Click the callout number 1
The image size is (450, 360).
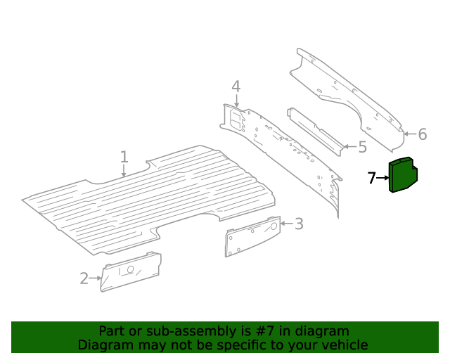[x=124, y=156]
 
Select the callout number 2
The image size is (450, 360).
[x=84, y=278]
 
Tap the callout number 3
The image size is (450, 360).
[x=299, y=224]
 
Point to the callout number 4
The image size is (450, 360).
[x=236, y=86]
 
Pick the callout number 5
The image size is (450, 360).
[x=362, y=147]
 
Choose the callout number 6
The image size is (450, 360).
[x=422, y=134]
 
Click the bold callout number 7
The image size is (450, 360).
[x=372, y=179]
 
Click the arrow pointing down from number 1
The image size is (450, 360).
[x=124, y=170]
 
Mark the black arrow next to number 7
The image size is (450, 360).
[x=383, y=179]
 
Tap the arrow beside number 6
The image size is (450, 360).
[x=410, y=134]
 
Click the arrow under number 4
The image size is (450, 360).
[x=236, y=102]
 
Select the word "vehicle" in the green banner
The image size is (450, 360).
[x=344, y=345]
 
